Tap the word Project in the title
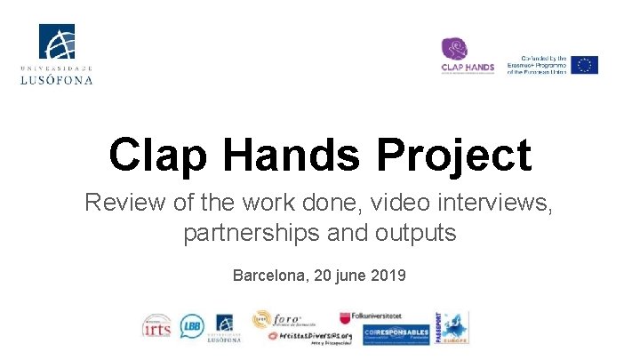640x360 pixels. [454, 156]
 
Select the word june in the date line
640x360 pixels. [348, 276]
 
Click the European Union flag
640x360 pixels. [584, 65]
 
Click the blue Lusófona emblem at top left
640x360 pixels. [57, 43]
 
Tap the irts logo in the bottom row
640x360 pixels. [156, 327]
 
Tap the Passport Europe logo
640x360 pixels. [452, 327]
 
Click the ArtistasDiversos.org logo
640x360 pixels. [310, 336]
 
